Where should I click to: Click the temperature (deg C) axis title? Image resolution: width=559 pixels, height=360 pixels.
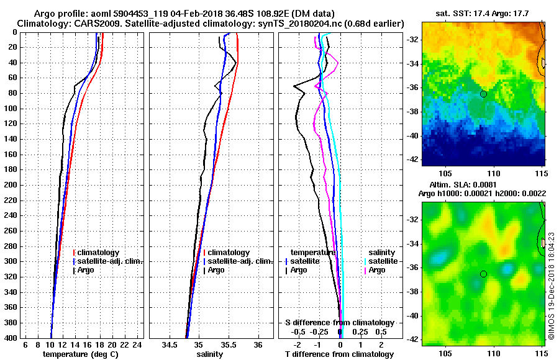point(80,354)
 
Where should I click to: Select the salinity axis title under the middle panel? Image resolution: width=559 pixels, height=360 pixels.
point(209,354)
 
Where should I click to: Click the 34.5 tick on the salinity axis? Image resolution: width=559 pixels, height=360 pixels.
point(170,344)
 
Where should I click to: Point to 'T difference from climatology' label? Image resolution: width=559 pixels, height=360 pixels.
point(339,354)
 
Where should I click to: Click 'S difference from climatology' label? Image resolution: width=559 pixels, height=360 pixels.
point(339,323)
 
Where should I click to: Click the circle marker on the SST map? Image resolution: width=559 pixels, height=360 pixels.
point(483,94)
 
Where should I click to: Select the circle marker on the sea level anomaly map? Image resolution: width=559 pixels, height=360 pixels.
point(483,274)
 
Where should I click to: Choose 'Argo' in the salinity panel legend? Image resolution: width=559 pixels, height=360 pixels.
point(216,270)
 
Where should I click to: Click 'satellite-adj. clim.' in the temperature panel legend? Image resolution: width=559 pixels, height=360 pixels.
point(110,261)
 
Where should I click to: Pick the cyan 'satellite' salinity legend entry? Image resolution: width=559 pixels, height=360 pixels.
point(383,261)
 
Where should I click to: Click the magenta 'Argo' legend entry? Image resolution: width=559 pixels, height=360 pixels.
point(377,270)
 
